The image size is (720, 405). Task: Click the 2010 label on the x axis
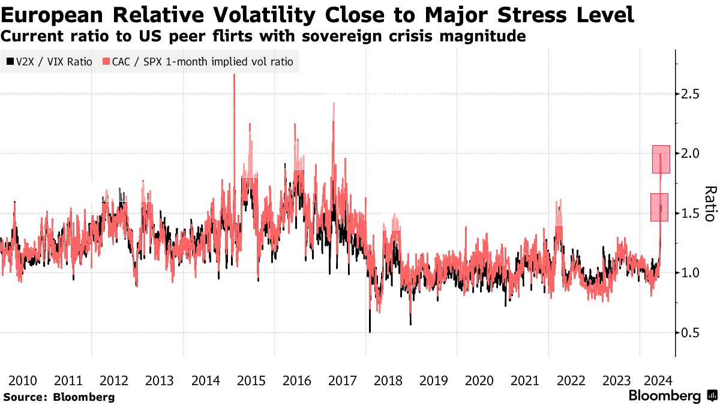(23, 380)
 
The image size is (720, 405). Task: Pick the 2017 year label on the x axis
(343, 380)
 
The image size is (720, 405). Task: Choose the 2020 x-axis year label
(479, 380)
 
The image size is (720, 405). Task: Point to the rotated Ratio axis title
(710, 203)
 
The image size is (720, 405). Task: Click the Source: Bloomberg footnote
(59, 397)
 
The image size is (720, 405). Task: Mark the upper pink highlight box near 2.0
(661, 159)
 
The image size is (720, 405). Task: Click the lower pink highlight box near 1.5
(659, 207)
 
